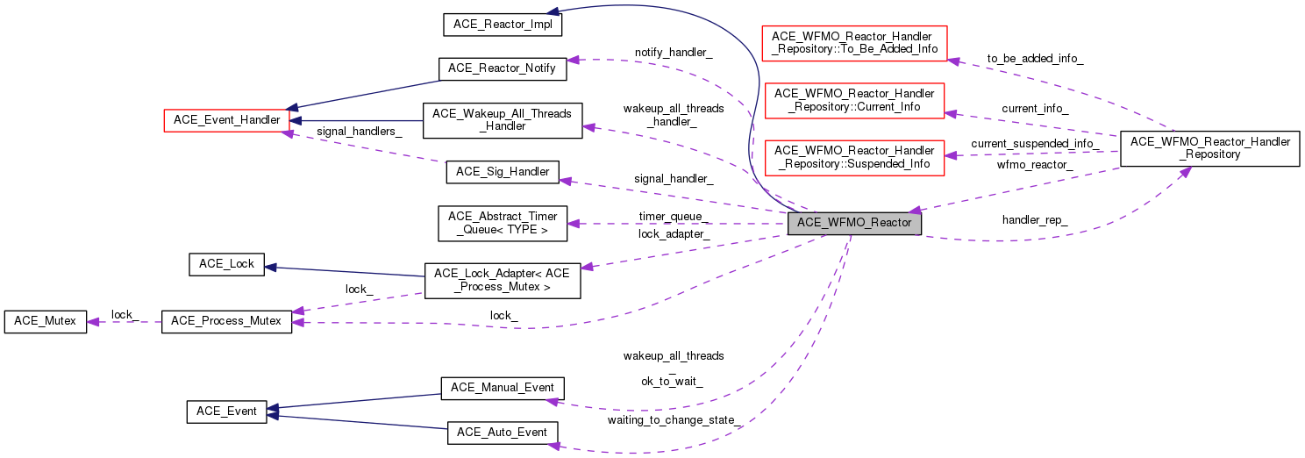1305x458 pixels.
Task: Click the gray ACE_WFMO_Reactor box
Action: click(x=854, y=223)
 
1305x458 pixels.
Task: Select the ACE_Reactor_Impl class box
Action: click(x=502, y=24)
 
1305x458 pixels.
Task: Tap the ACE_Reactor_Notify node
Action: click(x=502, y=68)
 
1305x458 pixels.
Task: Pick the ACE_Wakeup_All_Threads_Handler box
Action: click(x=502, y=119)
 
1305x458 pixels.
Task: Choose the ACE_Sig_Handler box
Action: click(x=503, y=172)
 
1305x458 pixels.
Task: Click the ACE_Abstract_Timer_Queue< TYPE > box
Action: click(x=503, y=223)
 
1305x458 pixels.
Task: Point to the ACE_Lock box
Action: click(x=226, y=264)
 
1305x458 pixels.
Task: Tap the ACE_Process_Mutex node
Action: click(x=226, y=321)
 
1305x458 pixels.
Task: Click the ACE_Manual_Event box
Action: click(x=502, y=387)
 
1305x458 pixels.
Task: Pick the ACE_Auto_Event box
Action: click(x=502, y=432)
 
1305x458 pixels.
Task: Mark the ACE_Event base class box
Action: click(x=226, y=411)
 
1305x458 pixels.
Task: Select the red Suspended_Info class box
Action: click(x=855, y=157)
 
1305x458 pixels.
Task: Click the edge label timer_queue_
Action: click(x=674, y=217)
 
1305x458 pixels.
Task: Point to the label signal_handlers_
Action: click(x=361, y=132)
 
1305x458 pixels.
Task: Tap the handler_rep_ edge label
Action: click(x=1035, y=219)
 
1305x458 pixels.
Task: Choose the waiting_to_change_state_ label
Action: click(x=675, y=419)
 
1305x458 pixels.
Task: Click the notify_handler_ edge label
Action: click(x=674, y=53)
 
